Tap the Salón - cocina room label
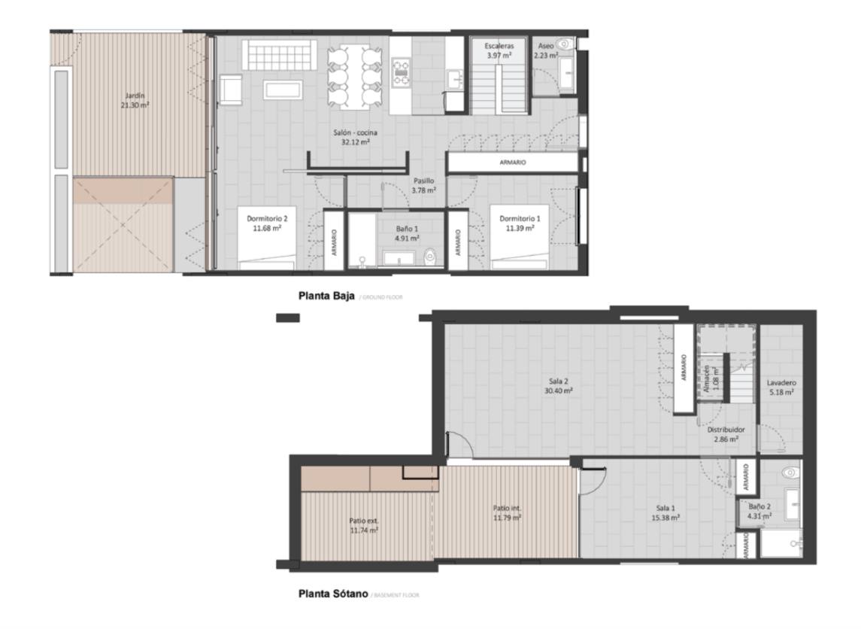(x=355, y=137)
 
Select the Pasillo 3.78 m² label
(x=424, y=186)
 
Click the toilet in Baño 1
(x=430, y=258)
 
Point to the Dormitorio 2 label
(x=267, y=223)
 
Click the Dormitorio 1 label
(x=520, y=223)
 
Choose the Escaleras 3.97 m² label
(x=499, y=51)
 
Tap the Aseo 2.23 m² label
(x=546, y=51)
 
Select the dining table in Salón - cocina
(x=353, y=77)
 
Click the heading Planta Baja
(x=326, y=296)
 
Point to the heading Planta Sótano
(x=333, y=594)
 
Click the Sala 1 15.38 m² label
(x=667, y=513)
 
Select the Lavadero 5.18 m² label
(x=781, y=387)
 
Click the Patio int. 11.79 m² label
(x=507, y=513)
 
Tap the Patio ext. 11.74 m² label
(x=363, y=525)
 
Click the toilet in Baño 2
(x=789, y=473)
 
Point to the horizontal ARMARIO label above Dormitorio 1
(x=512, y=163)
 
